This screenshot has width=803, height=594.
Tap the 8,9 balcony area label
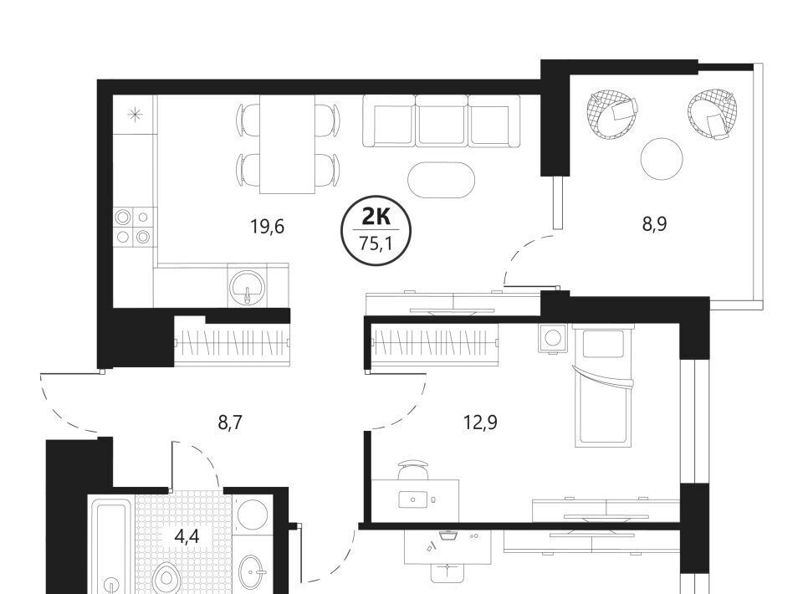(x=654, y=224)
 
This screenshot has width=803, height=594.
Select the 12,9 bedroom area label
(x=480, y=423)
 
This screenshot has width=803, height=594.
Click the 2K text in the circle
(x=376, y=218)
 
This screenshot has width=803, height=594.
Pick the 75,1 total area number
(x=376, y=243)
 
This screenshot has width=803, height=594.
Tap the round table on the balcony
(x=662, y=159)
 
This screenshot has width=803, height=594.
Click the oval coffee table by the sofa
(x=441, y=180)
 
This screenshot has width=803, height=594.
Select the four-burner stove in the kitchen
(x=133, y=227)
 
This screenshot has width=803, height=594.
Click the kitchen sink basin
(x=248, y=287)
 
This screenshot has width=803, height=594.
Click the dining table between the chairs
(x=287, y=145)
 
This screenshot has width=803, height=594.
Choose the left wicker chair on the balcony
(x=613, y=114)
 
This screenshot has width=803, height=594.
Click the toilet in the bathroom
(x=166, y=579)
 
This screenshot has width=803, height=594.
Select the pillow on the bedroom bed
(x=604, y=344)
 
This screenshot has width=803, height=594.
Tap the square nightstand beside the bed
(x=553, y=338)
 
